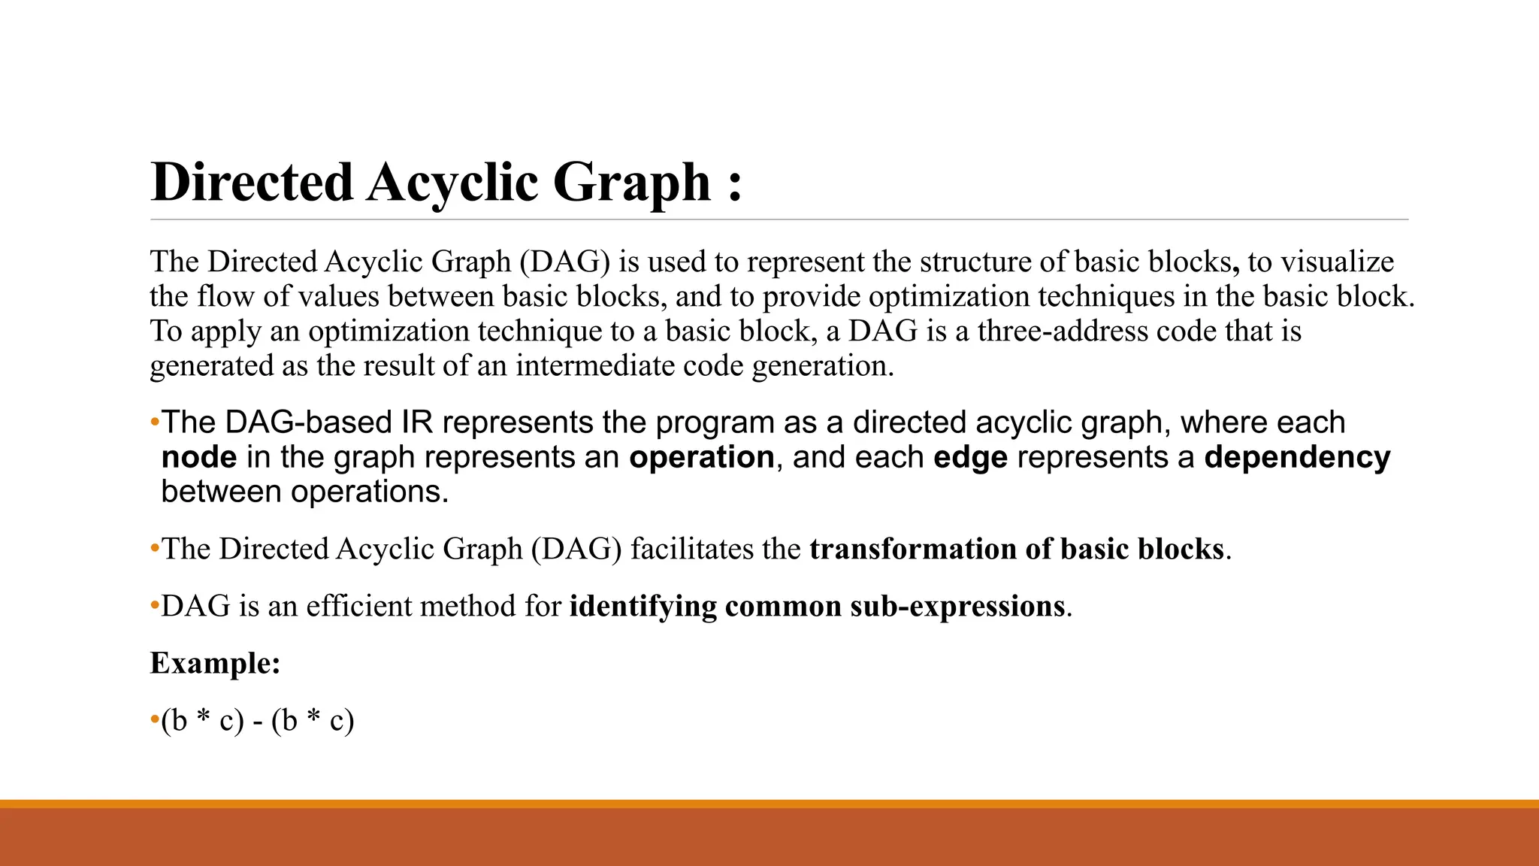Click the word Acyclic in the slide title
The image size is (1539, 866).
pos(452,183)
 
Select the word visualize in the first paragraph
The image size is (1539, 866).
pos(1337,262)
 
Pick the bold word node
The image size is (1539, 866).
pos(199,457)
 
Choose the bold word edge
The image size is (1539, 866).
pos(970,457)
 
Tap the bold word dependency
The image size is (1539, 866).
pos(1297,457)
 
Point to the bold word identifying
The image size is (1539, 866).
pos(643,606)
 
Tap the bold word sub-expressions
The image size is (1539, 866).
pos(957,606)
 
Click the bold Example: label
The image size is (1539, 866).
pos(215,663)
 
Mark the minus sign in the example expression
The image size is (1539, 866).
pos(258,722)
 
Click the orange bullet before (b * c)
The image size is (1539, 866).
pos(155,720)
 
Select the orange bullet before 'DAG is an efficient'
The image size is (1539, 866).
pos(155,606)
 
